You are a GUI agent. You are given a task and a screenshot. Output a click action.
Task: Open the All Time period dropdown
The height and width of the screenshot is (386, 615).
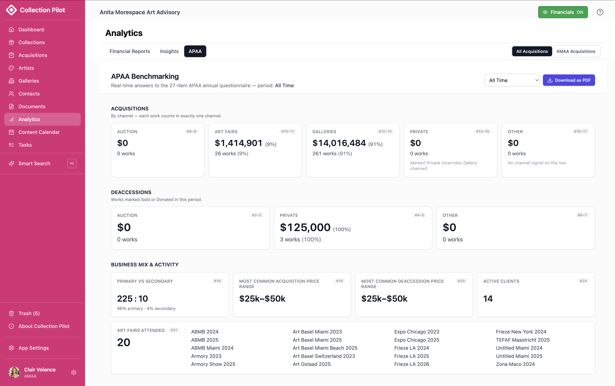coord(512,80)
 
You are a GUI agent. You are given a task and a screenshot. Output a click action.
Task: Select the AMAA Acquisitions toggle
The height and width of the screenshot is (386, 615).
coord(576,51)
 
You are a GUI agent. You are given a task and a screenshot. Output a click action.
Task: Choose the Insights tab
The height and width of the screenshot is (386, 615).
coord(169,51)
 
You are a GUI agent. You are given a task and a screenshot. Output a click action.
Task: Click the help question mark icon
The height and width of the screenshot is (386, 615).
coord(600,12)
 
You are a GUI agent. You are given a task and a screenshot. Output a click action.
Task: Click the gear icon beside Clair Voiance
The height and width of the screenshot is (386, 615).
coord(74,372)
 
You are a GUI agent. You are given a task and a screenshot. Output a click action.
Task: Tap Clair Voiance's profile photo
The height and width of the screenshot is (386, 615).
coord(14,372)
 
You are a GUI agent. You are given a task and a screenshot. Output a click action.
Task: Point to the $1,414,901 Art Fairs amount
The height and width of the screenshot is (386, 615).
coord(238,143)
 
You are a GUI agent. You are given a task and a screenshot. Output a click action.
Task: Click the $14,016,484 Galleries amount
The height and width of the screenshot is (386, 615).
coord(339,143)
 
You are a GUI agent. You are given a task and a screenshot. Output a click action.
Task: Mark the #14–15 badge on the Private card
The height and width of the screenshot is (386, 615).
coord(482,131)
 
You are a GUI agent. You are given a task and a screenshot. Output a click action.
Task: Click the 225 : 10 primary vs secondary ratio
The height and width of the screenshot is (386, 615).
coord(132,298)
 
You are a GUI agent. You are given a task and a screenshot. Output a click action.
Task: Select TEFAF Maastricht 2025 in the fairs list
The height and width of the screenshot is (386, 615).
coord(523,340)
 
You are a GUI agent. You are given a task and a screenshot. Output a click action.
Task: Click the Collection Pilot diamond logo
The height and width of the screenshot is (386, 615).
coord(11,10)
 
